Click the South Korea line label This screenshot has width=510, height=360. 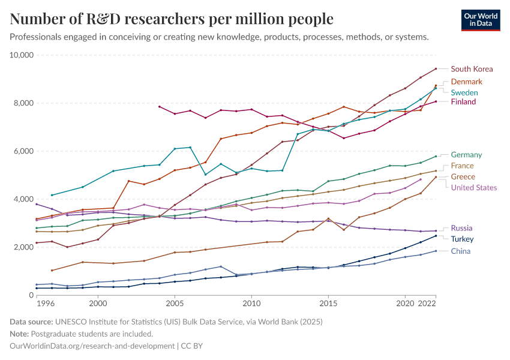tap(472, 69)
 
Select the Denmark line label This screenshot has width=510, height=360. tap(466, 82)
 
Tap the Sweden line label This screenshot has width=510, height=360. tap(464, 92)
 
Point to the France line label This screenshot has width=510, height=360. tap(462, 166)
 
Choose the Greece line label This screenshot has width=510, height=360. tap(463, 177)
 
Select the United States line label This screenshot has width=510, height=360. tap(474, 188)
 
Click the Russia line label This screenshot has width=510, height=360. tap(461, 228)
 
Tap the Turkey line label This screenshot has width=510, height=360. tap(462, 239)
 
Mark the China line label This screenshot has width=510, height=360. tap(461, 251)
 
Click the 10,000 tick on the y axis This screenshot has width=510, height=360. tap(22, 55)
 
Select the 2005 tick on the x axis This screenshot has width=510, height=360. tap(175, 304)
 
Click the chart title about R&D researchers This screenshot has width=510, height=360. tap(172, 19)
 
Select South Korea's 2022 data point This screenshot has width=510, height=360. tap(436, 68)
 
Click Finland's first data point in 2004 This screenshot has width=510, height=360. tap(159, 107)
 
